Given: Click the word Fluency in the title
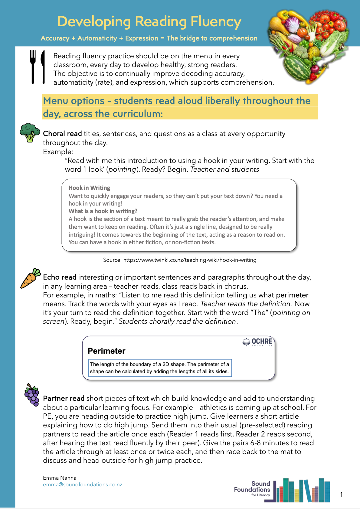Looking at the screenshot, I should tap(216, 22).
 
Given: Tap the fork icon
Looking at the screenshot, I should tap(33, 66).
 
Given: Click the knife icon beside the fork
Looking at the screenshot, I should tap(43, 66).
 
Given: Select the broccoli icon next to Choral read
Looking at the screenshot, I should tap(30, 132).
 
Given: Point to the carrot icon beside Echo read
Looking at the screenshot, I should tap(30, 278).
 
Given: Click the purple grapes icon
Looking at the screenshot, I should tap(32, 394).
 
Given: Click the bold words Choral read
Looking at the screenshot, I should tap(62, 134).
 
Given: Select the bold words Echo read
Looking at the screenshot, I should tap(60, 277).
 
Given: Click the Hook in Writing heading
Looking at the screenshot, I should tap(89, 188).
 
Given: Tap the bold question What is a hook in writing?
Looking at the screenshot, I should tap(103, 211).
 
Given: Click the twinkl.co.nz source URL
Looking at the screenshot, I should tap(190, 260).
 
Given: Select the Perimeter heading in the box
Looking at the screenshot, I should tap(106, 351).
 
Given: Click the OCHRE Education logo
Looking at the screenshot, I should tap(258, 342).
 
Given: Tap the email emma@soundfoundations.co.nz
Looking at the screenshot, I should tap(83, 485).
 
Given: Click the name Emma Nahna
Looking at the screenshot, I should tap(60, 478).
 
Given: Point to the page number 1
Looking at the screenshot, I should tap(341, 494).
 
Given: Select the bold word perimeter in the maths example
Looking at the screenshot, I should tap(292, 295).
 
